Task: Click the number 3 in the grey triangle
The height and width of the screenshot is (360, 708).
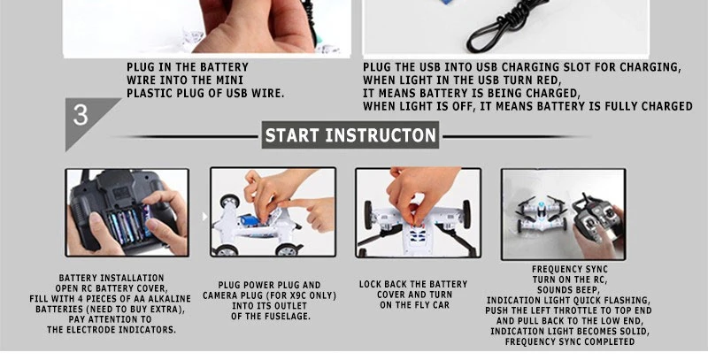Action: click(81, 115)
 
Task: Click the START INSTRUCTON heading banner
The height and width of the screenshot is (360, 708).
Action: click(350, 134)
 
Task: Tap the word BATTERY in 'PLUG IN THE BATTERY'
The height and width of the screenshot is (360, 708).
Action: click(225, 67)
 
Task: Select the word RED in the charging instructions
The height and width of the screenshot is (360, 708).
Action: click(549, 80)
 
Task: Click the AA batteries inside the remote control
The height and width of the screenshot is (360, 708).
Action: click(129, 224)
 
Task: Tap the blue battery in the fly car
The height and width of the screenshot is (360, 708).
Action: click(250, 220)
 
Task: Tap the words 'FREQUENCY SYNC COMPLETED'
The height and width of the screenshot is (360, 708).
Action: click(569, 341)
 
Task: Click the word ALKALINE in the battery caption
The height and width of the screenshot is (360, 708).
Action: click(169, 299)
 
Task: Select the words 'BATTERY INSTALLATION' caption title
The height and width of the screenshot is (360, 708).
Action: click(112, 278)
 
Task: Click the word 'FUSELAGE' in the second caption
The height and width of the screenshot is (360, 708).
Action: click(289, 317)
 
